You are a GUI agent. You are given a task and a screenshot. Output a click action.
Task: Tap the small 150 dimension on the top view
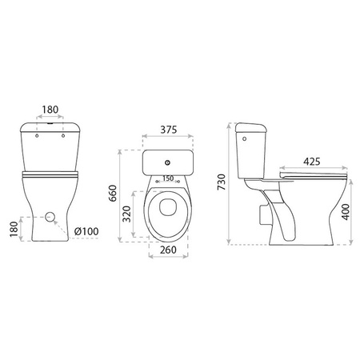click(x=169, y=178)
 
